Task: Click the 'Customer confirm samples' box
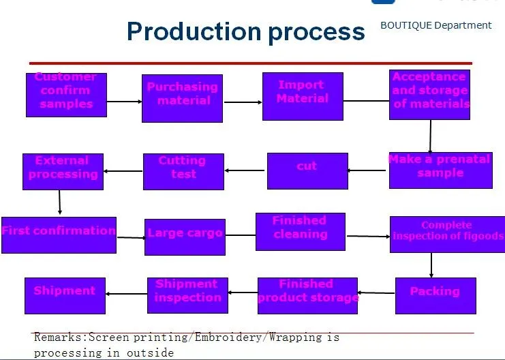click(x=66, y=94)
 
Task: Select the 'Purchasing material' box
click(x=182, y=98)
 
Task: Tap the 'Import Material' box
click(x=302, y=96)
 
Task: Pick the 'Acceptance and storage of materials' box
click(x=429, y=94)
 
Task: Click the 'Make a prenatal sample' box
click(x=440, y=170)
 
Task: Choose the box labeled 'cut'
click(x=307, y=170)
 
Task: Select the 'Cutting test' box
click(x=183, y=171)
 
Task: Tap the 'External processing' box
click(x=63, y=171)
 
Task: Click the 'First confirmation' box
click(x=59, y=235)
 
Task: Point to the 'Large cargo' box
click(x=185, y=237)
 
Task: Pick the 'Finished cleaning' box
click(x=300, y=231)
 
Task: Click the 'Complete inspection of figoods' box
click(x=446, y=234)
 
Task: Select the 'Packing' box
click(x=435, y=295)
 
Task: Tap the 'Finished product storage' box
click(x=307, y=295)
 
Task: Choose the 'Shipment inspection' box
click(x=187, y=295)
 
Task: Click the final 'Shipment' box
click(x=65, y=295)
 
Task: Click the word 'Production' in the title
click(x=194, y=31)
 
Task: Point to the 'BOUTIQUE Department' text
click(x=435, y=25)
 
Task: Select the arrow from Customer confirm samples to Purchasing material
click(x=124, y=102)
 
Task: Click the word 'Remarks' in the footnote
click(x=59, y=337)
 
